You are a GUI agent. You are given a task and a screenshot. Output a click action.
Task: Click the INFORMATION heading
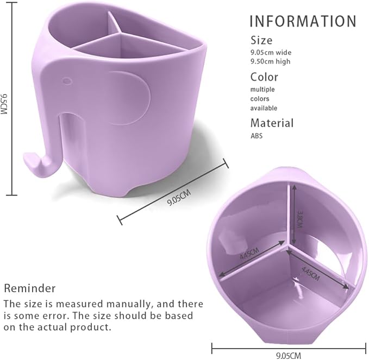tap(303, 21)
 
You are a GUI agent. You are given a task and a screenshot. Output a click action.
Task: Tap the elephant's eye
tap(67, 81)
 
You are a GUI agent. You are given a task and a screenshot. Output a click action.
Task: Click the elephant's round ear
tap(129, 98)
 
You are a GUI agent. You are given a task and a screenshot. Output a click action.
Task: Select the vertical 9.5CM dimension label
tap(4, 104)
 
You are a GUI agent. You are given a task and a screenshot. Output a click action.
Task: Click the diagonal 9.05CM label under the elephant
tap(179, 198)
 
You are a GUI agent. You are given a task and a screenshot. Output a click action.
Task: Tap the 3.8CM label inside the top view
tap(299, 219)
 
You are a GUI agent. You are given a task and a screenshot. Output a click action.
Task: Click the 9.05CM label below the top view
tap(288, 356)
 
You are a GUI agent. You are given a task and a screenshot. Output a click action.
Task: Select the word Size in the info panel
tap(261, 40)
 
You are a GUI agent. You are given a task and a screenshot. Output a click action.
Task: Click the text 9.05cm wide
tap(271, 52)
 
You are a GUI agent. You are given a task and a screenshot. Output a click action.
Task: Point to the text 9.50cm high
tap(271, 61)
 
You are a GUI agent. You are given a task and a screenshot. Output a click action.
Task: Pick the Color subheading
tap(264, 77)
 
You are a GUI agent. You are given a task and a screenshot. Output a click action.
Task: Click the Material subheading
tap(272, 123)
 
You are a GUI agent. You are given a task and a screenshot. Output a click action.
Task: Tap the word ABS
tap(257, 136)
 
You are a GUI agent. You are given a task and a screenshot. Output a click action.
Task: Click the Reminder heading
tap(30, 288)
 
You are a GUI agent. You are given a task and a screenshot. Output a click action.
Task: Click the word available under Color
tap(264, 108)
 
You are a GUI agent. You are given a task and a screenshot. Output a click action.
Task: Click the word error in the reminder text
tap(55, 315)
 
